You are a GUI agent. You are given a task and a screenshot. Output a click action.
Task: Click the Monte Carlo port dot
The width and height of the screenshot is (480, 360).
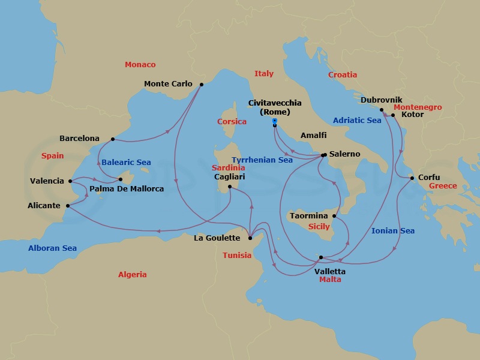click(x=201, y=85)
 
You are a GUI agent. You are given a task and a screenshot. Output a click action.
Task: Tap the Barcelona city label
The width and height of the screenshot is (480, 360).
click(x=79, y=139)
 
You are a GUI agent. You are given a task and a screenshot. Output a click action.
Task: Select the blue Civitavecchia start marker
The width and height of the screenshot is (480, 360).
click(x=274, y=121)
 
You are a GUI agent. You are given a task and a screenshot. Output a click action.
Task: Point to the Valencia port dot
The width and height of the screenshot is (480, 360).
click(x=70, y=181)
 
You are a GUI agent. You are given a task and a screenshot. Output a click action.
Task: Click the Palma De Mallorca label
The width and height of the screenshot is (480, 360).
click(x=127, y=189)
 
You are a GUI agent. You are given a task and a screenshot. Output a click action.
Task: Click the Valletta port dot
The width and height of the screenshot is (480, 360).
click(x=321, y=257)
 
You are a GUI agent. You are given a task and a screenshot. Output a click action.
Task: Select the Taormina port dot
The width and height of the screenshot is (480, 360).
click(x=334, y=215)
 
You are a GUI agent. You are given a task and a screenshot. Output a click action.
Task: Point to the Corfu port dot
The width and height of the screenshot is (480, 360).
click(x=412, y=178)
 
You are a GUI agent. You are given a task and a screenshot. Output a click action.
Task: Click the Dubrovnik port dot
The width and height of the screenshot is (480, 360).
click(x=381, y=110)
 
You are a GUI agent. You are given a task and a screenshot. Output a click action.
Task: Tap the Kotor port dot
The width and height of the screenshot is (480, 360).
click(x=393, y=115)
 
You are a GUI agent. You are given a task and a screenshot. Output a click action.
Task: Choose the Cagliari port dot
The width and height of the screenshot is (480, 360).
click(x=230, y=187)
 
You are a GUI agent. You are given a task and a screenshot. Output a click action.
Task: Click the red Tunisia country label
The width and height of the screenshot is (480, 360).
click(x=237, y=255)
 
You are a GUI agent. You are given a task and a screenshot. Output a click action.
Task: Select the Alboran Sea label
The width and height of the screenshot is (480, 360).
click(x=52, y=248)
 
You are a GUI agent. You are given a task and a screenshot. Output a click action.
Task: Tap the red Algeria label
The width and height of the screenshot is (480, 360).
click(x=132, y=275)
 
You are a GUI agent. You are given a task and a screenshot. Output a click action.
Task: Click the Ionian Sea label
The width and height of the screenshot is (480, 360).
click(x=393, y=230)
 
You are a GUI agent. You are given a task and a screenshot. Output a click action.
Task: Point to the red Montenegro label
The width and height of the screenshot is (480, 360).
click(x=418, y=107)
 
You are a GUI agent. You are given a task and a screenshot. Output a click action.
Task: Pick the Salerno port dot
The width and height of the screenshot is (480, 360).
click(x=324, y=155)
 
